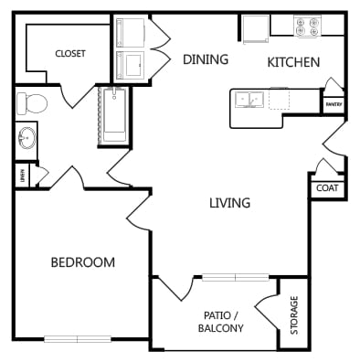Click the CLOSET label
(x=69, y=54)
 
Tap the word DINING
(x=206, y=60)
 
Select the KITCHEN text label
(x=292, y=62)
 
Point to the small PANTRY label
(x=333, y=105)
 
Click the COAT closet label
(x=326, y=187)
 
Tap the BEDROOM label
(x=82, y=262)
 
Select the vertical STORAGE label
(x=293, y=315)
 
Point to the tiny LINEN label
(x=20, y=174)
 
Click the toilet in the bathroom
(x=31, y=102)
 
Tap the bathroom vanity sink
(x=27, y=139)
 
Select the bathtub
(x=114, y=115)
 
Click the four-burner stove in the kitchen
(x=304, y=26)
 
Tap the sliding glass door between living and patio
(x=235, y=276)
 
